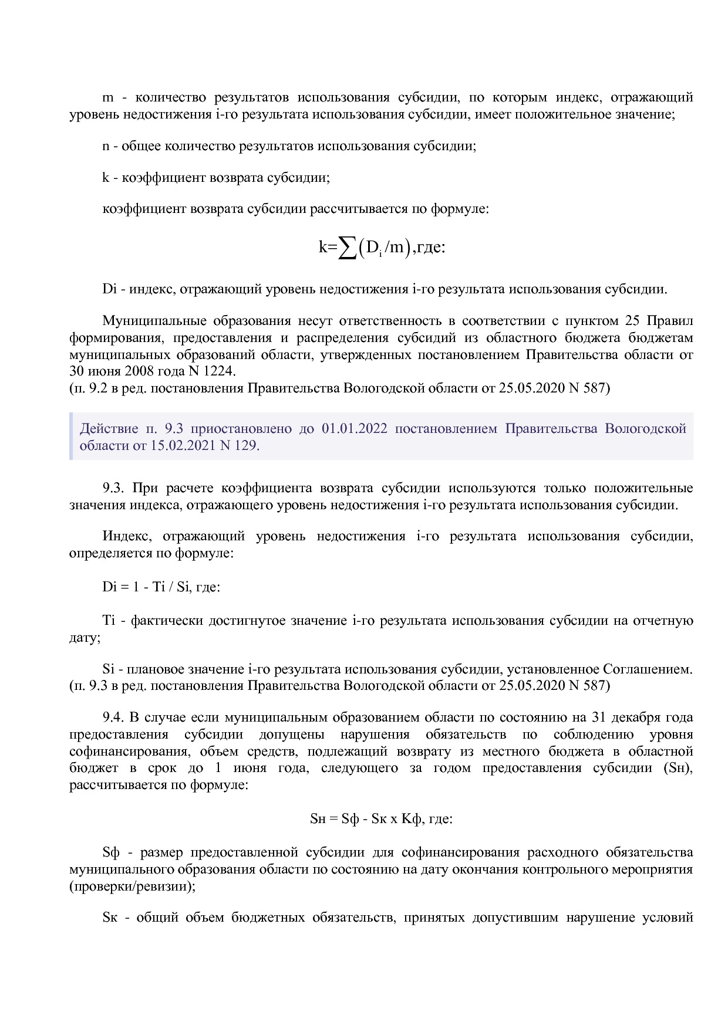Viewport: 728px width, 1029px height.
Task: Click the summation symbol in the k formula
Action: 348,249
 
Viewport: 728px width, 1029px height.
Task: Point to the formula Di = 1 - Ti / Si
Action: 147,587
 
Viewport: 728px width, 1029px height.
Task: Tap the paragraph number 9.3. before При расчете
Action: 113,488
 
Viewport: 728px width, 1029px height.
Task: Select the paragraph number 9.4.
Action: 113,717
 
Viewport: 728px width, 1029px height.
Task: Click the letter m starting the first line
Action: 107,97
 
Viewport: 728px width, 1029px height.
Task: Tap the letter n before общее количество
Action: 106,146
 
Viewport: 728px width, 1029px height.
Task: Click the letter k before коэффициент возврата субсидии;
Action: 106,178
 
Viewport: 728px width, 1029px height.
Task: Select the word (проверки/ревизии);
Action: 132,886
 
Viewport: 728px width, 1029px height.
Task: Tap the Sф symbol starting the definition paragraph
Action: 111,852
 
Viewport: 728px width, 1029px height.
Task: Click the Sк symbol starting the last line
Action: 110,918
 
